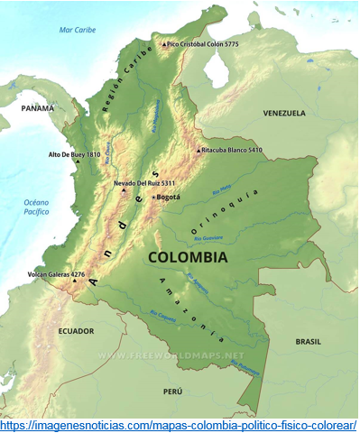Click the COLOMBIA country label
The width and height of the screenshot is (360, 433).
tap(188, 257)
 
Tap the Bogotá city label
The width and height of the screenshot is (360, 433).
tap(169, 197)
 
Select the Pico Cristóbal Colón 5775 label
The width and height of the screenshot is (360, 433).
tap(204, 43)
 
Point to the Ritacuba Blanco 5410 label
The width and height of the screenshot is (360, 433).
tap(232, 150)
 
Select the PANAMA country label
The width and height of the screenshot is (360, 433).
tap(38, 107)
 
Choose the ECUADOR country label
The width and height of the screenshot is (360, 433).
tap(76, 331)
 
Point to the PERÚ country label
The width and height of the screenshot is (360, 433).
tap(172, 392)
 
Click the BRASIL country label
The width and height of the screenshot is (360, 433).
tap(308, 342)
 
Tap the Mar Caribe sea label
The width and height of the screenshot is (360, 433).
tap(78, 29)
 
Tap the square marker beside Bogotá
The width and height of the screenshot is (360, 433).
tap(153, 197)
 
